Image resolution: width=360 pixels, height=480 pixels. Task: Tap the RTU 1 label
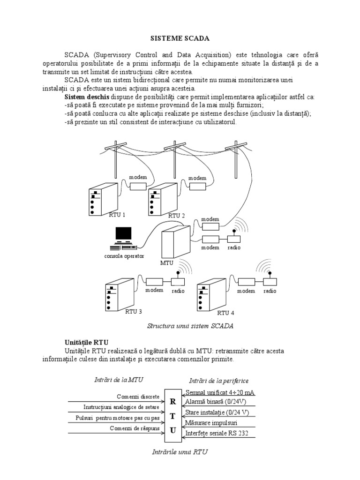point(117,215)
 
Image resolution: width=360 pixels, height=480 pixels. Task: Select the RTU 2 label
point(177,215)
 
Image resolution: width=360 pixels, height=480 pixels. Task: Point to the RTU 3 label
point(134,311)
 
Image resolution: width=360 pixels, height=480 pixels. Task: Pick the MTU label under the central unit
point(166,263)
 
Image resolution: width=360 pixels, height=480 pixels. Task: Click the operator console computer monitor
point(124,234)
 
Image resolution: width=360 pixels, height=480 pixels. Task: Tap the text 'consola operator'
point(124,256)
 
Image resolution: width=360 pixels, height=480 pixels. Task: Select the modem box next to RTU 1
point(138,186)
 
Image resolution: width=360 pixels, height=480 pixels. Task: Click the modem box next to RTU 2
point(197,186)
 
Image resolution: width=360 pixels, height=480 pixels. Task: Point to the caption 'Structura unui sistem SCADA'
point(190,325)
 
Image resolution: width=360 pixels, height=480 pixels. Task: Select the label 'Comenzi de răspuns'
point(135,428)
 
